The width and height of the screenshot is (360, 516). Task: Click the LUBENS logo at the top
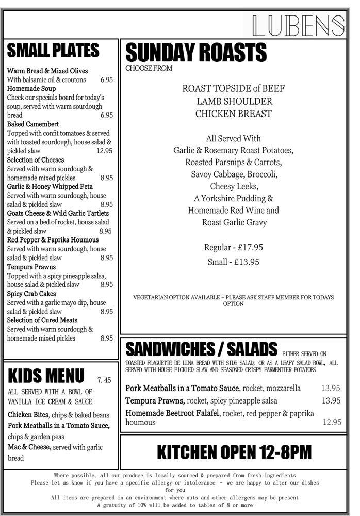(x=299, y=25)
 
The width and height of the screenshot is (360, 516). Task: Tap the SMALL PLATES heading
(x=53, y=51)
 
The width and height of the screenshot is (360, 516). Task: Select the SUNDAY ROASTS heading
(x=196, y=53)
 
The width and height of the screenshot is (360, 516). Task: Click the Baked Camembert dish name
(x=33, y=124)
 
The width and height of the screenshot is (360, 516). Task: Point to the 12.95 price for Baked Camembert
(x=104, y=151)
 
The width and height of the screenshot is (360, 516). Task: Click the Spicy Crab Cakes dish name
(x=31, y=294)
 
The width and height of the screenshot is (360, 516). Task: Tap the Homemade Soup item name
(x=31, y=89)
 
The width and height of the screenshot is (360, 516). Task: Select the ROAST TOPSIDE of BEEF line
(x=233, y=88)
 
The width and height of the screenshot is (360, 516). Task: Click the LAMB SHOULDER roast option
(x=234, y=101)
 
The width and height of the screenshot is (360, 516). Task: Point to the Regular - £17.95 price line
(x=233, y=247)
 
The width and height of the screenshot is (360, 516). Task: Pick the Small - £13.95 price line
(x=233, y=262)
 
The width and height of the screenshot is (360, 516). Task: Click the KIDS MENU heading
(x=46, y=375)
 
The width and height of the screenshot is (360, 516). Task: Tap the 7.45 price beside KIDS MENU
(x=104, y=380)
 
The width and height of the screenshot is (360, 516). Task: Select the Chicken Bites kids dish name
(x=28, y=415)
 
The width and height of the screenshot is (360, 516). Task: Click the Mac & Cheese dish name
(x=29, y=447)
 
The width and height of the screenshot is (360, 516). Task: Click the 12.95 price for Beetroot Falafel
(x=332, y=422)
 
